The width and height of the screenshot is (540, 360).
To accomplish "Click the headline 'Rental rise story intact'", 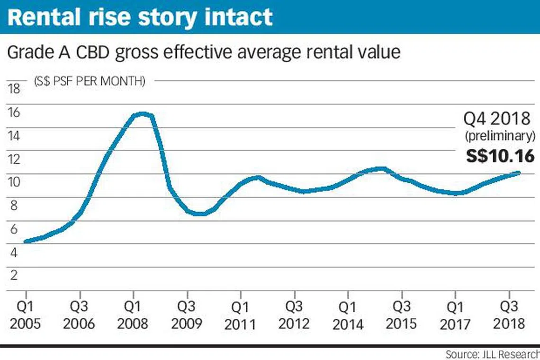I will pos(140,18).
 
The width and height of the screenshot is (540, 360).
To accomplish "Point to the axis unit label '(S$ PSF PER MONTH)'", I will pos(90,81).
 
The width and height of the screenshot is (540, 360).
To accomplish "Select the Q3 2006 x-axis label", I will pos(80,315).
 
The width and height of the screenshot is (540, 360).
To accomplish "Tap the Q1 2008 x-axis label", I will pos(133,315).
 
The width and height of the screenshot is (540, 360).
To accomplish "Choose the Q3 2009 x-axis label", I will pos(187,315).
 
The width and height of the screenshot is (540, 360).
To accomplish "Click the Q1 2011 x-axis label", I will pos(240,315).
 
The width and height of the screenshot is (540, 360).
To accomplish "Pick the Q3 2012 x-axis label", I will pos(294,315).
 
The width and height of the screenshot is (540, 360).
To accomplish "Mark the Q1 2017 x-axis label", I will pos(455,315).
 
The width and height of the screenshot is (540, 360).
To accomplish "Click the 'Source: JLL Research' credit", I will pos(492,354).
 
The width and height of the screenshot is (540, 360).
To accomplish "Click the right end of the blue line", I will pos(519,173).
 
